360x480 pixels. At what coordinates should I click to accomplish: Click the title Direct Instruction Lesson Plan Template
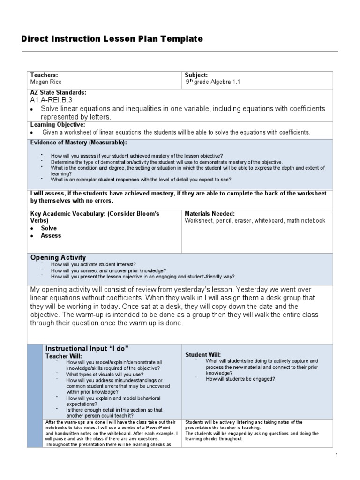pos(112,39)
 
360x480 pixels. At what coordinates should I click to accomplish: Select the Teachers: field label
pos(44,75)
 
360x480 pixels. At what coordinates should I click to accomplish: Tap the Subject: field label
pos(196,75)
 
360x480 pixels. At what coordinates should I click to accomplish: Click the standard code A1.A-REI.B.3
pos(51,100)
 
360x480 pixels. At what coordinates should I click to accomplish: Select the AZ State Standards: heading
pos(58,92)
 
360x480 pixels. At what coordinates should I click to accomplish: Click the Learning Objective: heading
pos(58,124)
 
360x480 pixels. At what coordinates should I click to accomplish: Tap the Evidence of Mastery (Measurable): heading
pos(78,142)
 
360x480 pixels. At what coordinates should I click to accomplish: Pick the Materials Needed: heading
pos(210,213)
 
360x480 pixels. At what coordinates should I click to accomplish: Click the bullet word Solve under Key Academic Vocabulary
pos(49,228)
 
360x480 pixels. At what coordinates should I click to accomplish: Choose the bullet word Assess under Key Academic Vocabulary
pos(51,236)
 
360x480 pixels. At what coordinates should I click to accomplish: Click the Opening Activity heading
pos(58,257)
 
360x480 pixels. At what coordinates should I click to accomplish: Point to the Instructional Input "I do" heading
pos(87,348)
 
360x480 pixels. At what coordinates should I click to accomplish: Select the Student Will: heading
pos(203,354)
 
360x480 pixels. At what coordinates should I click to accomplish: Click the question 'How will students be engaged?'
pos(240,379)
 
